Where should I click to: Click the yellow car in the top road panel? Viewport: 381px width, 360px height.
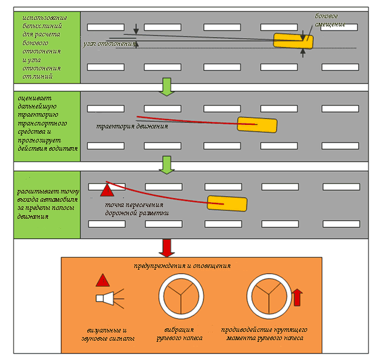pyautogui.click(x=293, y=41)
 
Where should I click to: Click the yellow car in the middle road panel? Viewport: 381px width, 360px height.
pyautogui.click(x=257, y=124)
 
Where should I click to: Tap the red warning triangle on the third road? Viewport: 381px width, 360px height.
pyautogui.click(x=107, y=190)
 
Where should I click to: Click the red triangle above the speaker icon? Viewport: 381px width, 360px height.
pyautogui.click(x=103, y=280)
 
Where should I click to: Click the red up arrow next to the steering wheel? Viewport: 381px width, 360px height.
pyautogui.click(x=297, y=297)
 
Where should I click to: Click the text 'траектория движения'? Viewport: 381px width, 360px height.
pyautogui.click(x=132, y=126)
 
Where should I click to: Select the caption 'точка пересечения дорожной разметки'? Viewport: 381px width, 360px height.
pyautogui.click(x=137, y=209)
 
